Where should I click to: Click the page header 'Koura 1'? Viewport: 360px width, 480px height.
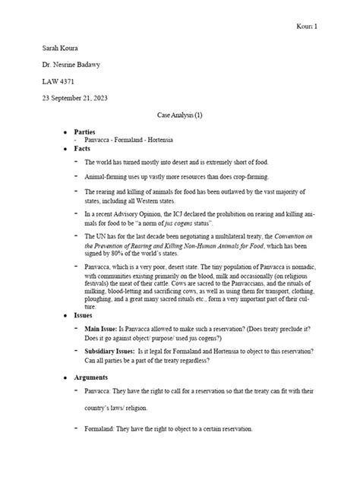tap(305, 27)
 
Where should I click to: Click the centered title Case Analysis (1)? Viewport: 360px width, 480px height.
tap(179, 122)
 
